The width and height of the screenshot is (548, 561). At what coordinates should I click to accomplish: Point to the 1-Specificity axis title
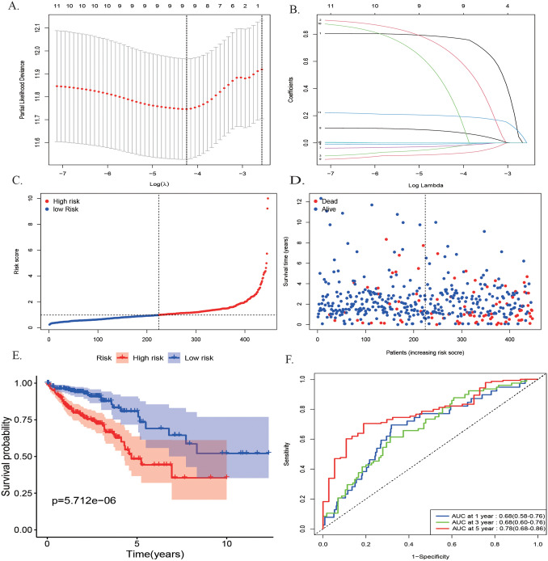(419, 555)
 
